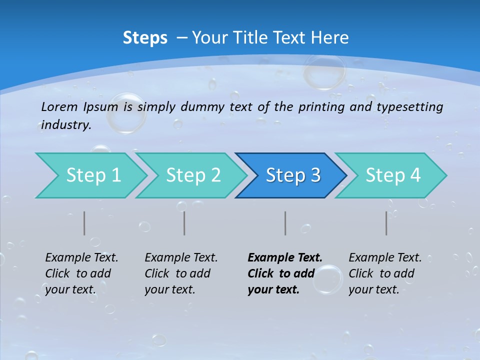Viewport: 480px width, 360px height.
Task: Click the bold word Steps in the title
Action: click(x=145, y=38)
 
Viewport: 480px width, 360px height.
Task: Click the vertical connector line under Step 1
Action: click(x=84, y=223)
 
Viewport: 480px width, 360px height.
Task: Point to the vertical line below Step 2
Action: click(x=184, y=223)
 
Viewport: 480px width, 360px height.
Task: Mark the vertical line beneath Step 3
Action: click(x=285, y=223)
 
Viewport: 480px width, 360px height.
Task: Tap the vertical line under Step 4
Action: click(x=386, y=223)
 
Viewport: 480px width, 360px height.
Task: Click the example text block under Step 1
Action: click(x=81, y=273)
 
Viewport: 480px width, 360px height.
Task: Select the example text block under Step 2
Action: click(x=181, y=273)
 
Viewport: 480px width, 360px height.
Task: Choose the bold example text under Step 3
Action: click(x=284, y=273)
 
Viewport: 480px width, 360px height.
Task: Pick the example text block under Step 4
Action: click(x=385, y=273)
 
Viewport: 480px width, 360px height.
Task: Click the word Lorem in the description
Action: click(x=59, y=106)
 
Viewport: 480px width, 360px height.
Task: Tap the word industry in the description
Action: click(x=66, y=125)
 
